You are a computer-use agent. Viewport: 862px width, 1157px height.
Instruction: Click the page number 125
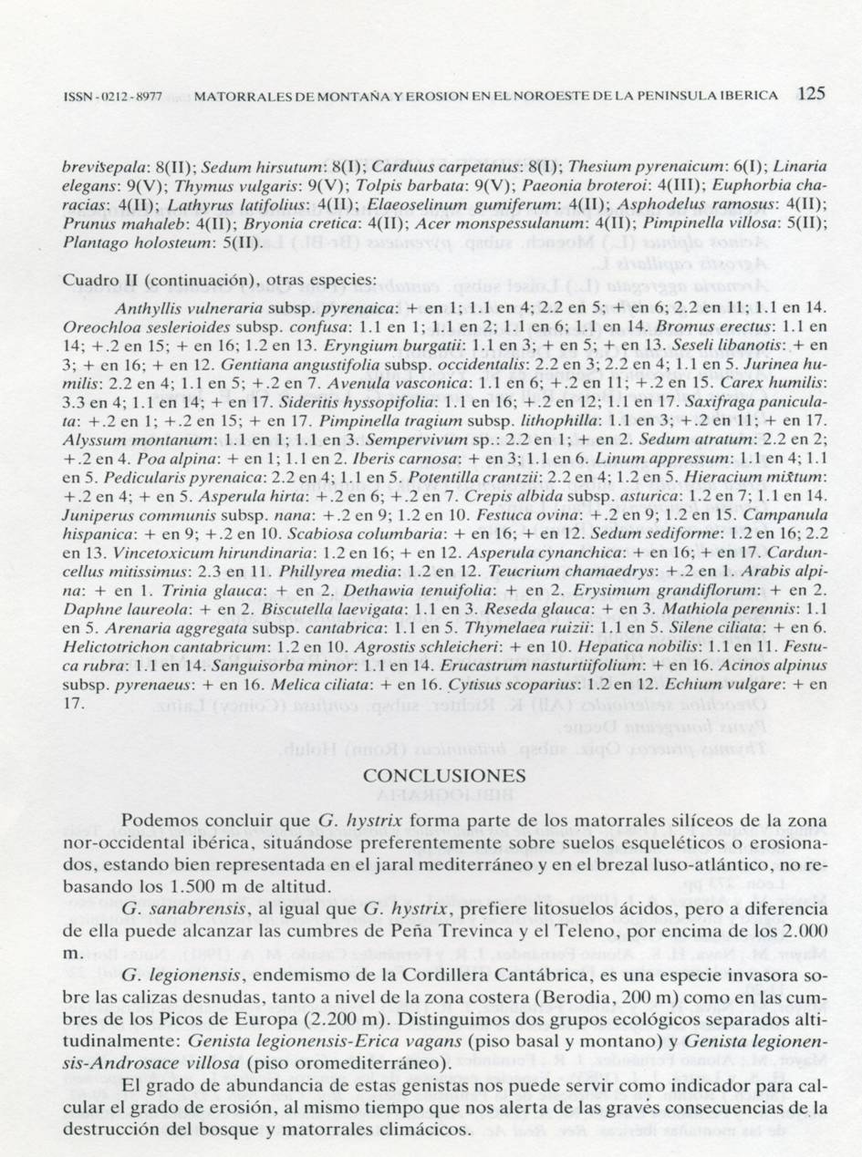810,93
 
